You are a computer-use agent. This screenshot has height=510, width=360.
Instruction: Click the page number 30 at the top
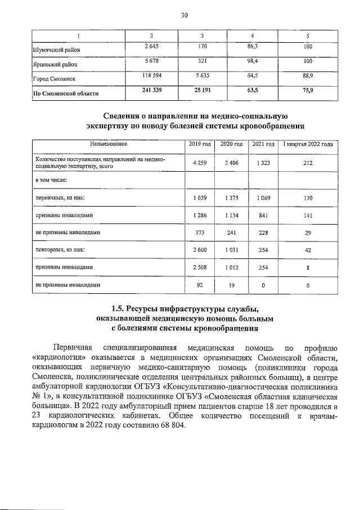point(183,15)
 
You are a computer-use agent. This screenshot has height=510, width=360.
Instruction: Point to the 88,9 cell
point(308,76)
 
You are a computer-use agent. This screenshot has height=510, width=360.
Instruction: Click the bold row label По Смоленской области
point(66,93)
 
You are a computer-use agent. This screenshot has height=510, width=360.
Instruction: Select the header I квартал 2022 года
point(308,145)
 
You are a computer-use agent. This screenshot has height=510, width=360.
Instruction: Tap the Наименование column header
point(107,145)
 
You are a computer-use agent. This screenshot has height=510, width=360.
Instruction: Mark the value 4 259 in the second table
point(200,163)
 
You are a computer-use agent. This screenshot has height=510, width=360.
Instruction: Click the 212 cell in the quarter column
point(308,163)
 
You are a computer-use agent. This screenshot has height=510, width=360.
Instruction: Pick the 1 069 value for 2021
point(263,198)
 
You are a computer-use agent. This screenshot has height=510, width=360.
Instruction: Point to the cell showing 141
point(308,216)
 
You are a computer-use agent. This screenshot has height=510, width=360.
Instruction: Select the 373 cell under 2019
point(200,233)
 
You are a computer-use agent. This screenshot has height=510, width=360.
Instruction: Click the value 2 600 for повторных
point(200,250)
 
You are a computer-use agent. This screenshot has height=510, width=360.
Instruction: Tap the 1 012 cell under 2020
point(231,267)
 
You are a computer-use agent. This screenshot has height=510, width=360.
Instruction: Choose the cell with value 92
point(200,285)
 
